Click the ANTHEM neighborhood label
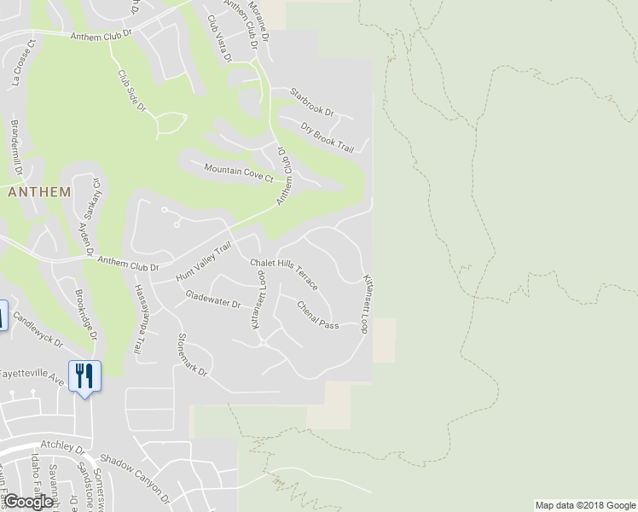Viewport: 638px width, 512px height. [x=38, y=192]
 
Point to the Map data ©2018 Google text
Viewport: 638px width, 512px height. [x=584, y=505]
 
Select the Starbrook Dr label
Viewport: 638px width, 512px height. [x=310, y=102]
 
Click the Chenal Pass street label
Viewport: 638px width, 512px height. [x=317, y=314]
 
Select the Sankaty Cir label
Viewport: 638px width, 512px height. [x=90, y=200]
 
